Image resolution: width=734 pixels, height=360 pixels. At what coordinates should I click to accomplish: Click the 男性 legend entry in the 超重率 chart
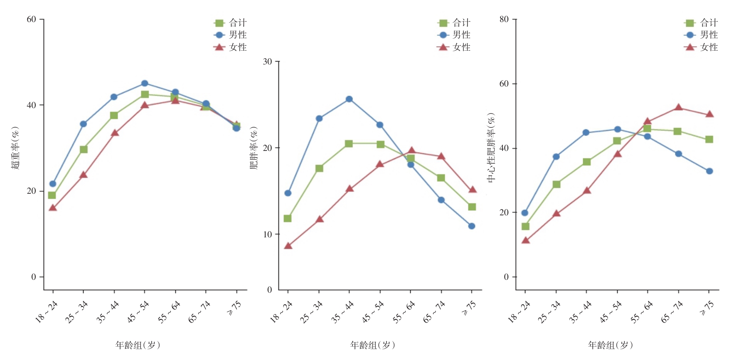231,35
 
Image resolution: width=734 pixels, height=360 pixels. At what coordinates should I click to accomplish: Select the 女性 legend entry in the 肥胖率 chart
454,47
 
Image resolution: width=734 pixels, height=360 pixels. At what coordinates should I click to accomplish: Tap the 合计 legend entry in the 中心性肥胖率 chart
702,23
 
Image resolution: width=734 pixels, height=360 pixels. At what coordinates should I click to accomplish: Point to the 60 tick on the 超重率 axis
31,20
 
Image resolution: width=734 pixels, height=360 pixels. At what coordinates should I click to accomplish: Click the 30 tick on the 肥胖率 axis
267,62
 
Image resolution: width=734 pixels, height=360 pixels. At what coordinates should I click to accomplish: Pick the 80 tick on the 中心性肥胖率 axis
504,20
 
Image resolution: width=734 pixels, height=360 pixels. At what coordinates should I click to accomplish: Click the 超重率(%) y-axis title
15,148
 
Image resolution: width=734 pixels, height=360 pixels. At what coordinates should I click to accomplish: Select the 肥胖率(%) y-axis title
254,148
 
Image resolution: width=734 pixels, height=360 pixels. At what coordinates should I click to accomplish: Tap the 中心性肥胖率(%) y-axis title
491,148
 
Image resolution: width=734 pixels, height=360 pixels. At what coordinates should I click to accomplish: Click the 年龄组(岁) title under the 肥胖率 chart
372,345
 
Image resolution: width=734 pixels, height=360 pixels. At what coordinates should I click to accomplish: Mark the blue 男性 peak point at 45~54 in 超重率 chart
145,84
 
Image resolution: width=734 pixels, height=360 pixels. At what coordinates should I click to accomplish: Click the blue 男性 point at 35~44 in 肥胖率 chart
349,99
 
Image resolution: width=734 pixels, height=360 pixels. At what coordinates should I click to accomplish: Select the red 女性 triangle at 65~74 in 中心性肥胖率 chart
678,108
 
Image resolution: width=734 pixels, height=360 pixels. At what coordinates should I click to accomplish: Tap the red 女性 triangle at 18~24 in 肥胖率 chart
288,246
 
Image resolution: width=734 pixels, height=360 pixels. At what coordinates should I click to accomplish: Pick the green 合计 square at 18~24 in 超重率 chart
52,195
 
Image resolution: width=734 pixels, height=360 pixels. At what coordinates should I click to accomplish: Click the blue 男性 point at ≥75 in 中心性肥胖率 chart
709,171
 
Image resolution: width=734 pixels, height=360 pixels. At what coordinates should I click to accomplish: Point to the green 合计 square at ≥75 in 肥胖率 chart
472,207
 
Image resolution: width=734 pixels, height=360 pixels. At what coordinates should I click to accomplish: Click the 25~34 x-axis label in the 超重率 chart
77,312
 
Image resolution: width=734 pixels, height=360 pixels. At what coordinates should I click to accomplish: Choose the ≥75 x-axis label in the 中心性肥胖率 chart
706,308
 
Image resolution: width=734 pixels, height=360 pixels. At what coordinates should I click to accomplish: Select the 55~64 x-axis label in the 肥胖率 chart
404,312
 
